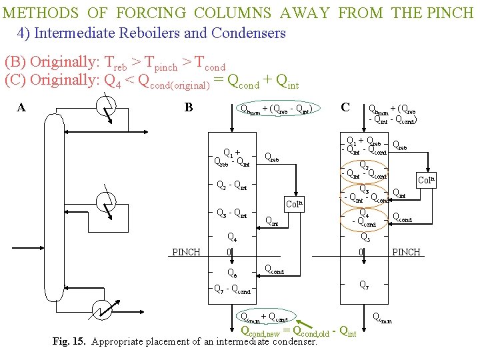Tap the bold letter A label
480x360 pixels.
pyautogui.click(x=21, y=107)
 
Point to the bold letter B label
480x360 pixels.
pyautogui.click(x=189, y=107)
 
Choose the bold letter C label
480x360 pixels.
pyautogui.click(x=345, y=107)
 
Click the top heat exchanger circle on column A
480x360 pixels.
pyautogui.click(x=105, y=107)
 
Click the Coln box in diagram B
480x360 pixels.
pyautogui.click(x=294, y=204)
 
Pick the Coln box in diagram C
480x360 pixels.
pyautogui.click(x=426, y=180)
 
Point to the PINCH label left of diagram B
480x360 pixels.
pyautogui.click(x=186, y=252)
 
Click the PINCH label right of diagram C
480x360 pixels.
pyautogui.click(x=407, y=252)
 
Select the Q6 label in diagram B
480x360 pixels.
pyautogui.click(x=231, y=273)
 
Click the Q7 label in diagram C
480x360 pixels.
pyautogui.click(x=365, y=285)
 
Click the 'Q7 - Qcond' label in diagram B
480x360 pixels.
pyautogui.click(x=231, y=290)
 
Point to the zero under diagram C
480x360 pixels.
pyautogui.click(x=361, y=253)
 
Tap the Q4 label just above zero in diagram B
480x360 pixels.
pyautogui.click(x=231, y=236)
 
